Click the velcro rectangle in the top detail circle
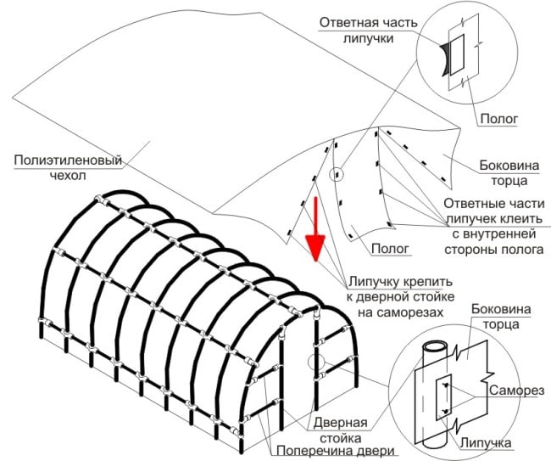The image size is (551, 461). click(457, 54)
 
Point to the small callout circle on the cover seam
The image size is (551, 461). click(338, 175)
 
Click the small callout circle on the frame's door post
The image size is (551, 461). click(321, 361)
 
